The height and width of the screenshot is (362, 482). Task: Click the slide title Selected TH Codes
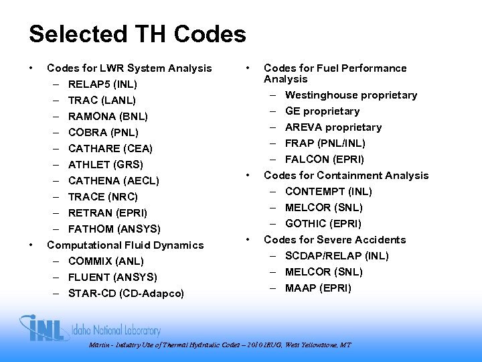point(137,34)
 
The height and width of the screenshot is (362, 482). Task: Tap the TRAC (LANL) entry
point(102,101)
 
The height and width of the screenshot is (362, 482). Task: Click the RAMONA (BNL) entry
point(107,117)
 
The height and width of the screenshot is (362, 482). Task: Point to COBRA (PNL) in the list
point(103,133)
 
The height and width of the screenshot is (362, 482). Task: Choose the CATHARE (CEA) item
point(110,149)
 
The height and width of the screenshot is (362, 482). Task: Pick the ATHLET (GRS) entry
point(105,165)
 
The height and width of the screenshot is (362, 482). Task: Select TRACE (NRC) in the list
point(102,197)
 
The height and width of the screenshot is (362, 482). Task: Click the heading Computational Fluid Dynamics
point(125,245)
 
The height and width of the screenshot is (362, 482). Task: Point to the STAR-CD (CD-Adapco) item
point(126,294)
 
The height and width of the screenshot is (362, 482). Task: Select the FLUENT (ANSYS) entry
point(112,278)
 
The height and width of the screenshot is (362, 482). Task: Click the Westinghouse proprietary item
point(351,95)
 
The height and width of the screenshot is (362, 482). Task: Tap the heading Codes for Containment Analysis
point(346,176)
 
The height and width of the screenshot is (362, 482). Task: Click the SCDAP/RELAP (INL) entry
point(337,256)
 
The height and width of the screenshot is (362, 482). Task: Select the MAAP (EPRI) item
point(318,288)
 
